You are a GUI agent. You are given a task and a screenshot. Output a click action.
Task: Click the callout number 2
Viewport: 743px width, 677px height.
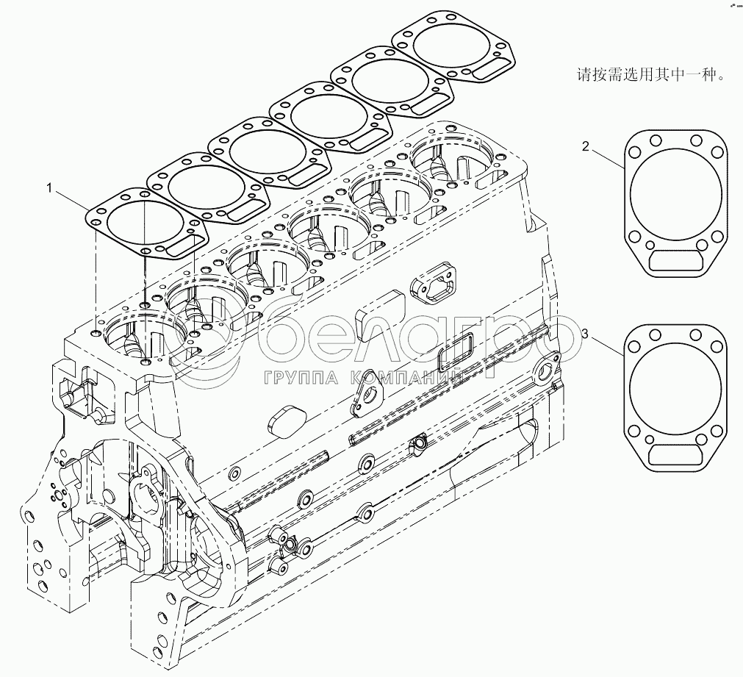click(586, 146)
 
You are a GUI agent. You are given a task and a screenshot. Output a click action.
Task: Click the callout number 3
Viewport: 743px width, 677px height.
click(585, 335)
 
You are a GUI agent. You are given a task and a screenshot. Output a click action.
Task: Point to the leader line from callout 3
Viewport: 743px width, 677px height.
click(607, 347)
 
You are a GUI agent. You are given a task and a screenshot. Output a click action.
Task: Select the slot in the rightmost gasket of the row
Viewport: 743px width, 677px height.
click(485, 73)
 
